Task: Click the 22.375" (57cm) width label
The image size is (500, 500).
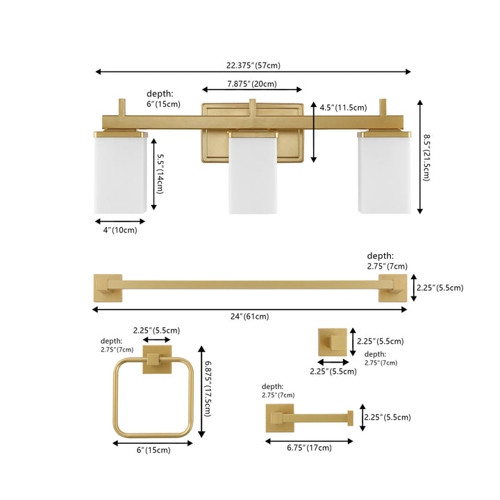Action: click(x=253, y=65)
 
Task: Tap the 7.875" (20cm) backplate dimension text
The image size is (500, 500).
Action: click(x=252, y=84)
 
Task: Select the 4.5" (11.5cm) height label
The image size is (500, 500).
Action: click(x=343, y=108)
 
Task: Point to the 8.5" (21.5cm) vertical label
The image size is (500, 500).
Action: click(x=426, y=158)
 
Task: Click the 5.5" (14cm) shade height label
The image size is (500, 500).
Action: click(x=160, y=174)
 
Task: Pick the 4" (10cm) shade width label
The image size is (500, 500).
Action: click(x=120, y=230)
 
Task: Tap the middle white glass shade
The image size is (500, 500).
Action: click(x=253, y=173)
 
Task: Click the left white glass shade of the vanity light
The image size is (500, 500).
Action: click(x=121, y=172)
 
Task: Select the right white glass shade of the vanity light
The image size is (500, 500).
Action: click(x=384, y=172)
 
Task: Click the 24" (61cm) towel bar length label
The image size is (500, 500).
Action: click(x=250, y=317)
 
